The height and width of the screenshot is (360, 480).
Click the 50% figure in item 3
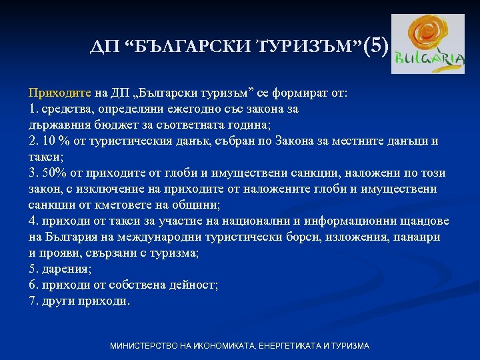pyautogui.click(x=56, y=173)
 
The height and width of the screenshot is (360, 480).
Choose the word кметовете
pyautogui.click(x=116, y=205)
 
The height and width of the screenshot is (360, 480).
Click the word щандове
pyautogui.click(x=424, y=221)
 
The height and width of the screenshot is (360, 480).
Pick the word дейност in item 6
pyautogui.click(x=193, y=285)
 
